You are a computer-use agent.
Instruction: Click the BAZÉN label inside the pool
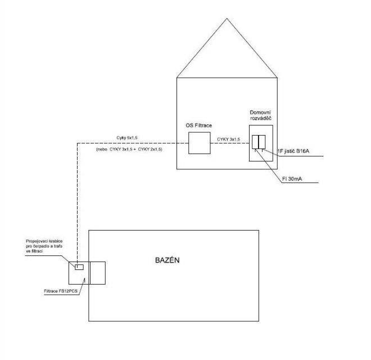[168, 260]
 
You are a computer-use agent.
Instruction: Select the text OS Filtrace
[199, 125]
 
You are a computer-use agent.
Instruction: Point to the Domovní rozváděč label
[260, 115]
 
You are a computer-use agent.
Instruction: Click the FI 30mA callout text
[292, 179]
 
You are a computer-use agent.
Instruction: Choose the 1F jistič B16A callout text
[293, 151]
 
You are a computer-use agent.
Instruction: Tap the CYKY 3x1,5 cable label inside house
[229, 139]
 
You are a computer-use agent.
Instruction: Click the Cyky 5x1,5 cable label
[127, 138]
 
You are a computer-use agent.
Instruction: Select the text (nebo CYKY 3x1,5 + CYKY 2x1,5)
[129, 150]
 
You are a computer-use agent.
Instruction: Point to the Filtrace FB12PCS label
[61, 291]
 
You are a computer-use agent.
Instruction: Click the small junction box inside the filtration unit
[79, 267]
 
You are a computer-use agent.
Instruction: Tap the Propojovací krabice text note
[44, 246]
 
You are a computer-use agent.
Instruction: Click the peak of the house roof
[227, 18]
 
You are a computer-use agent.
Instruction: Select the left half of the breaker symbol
[255, 142]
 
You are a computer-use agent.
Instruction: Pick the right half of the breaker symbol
[262, 142]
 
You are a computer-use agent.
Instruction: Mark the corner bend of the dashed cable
[78, 143]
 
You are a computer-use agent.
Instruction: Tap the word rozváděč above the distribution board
[261, 118]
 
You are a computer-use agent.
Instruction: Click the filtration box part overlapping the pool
[97, 273]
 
